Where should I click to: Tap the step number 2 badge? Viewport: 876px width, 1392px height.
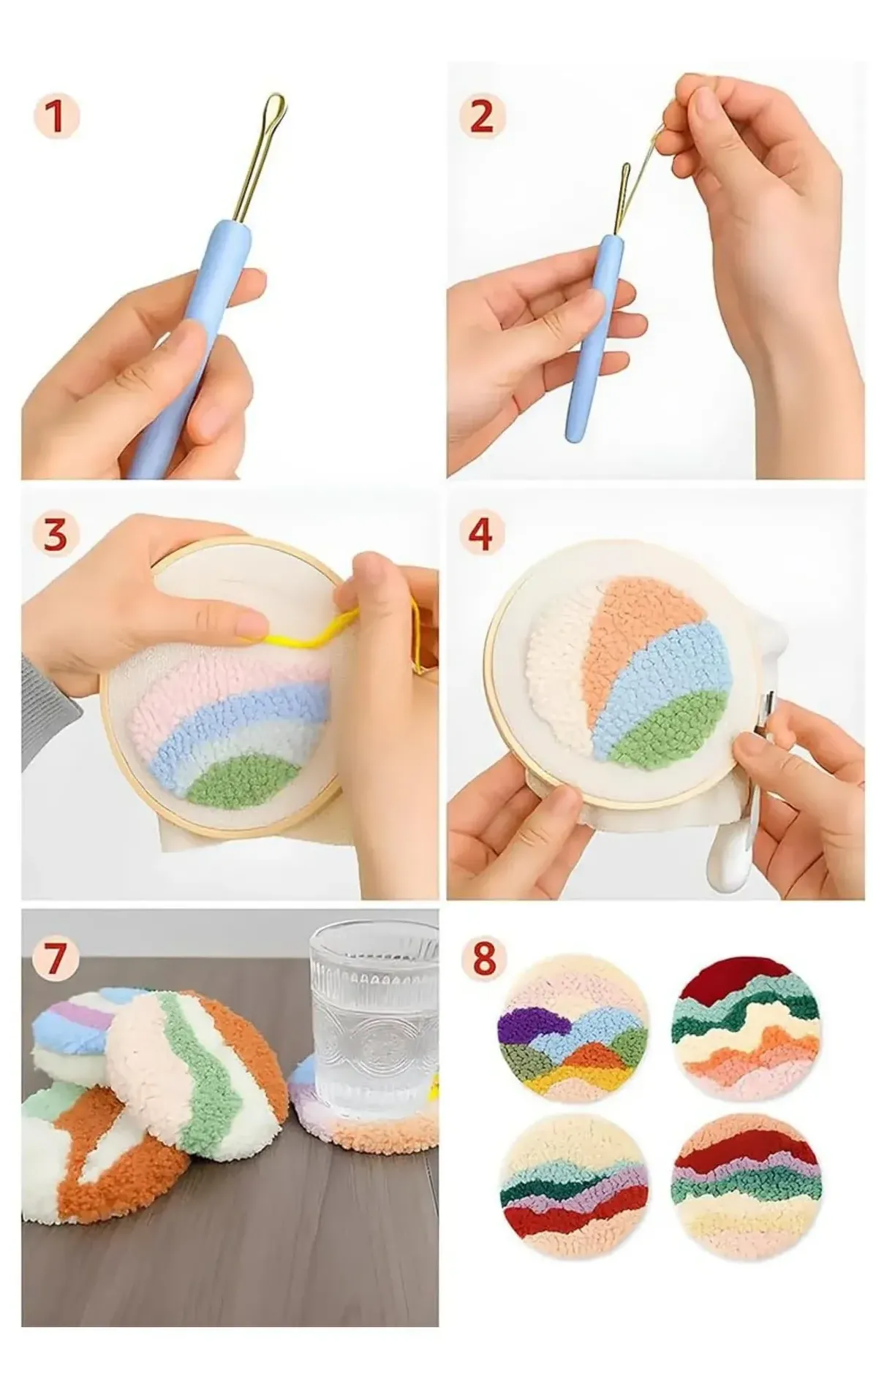(x=481, y=118)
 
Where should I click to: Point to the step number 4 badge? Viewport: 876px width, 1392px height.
(x=481, y=535)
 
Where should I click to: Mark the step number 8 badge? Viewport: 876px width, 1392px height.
(x=481, y=959)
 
